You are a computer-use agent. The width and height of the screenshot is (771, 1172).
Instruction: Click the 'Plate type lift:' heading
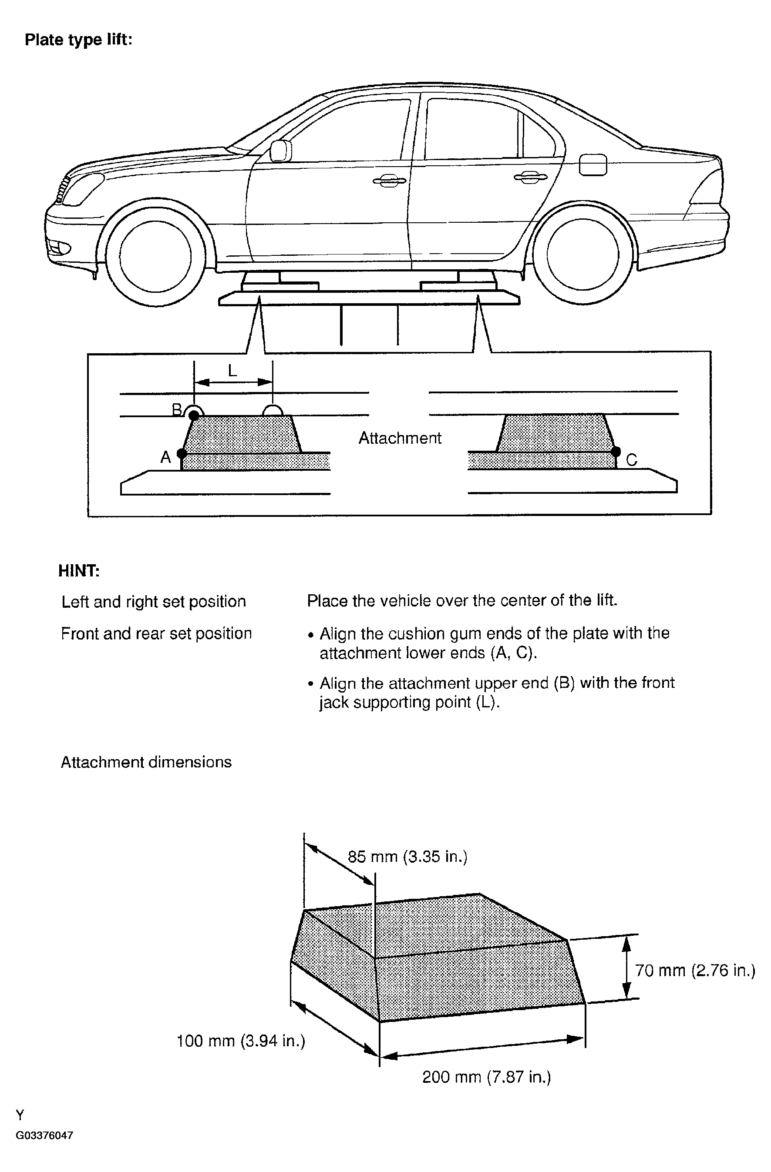pyautogui.click(x=78, y=40)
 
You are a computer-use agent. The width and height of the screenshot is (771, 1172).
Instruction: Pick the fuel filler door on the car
pyautogui.click(x=593, y=164)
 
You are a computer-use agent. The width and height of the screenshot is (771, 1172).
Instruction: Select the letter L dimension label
pyautogui.click(x=232, y=371)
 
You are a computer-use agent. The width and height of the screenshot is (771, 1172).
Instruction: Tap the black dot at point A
pyautogui.click(x=181, y=453)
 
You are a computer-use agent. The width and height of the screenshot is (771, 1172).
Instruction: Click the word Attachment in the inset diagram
pyautogui.click(x=400, y=438)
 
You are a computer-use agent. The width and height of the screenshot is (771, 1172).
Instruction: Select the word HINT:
pyautogui.click(x=79, y=571)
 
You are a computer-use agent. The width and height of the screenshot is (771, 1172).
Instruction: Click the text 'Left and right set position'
pyautogui.click(x=153, y=602)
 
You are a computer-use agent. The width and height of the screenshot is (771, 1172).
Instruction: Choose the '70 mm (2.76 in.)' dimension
pyautogui.click(x=695, y=970)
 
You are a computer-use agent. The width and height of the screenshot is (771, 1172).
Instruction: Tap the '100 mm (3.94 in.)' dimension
pyautogui.click(x=241, y=1041)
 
